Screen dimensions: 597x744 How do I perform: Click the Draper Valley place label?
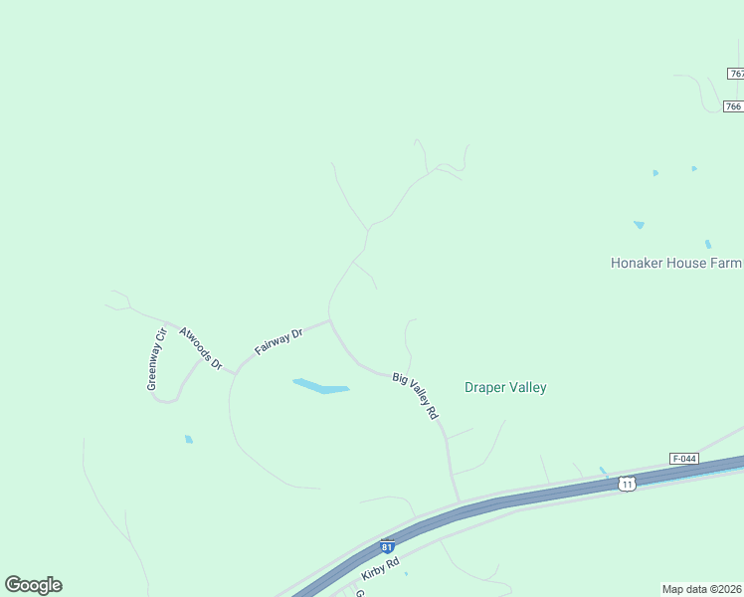click(505, 387)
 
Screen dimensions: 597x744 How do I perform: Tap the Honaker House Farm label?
click(676, 263)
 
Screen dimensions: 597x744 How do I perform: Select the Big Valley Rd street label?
click(415, 395)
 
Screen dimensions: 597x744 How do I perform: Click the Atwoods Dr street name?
click(201, 347)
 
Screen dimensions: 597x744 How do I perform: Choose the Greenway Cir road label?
click(154, 359)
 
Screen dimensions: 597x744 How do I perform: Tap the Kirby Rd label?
click(380, 569)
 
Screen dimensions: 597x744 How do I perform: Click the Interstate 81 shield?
click(387, 546)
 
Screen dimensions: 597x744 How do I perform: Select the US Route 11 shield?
click(626, 484)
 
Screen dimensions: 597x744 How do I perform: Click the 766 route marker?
click(733, 106)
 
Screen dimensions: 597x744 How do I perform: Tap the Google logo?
click(33, 585)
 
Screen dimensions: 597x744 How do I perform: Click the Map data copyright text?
click(701, 589)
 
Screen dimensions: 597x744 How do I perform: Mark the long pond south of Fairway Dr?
click(320, 386)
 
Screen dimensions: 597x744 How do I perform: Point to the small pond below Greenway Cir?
click(188, 439)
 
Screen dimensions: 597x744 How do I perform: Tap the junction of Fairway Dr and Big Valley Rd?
click(329, 321)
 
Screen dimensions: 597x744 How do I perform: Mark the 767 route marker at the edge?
click(736, 74)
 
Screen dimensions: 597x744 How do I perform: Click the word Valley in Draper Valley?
click(528, 387)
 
